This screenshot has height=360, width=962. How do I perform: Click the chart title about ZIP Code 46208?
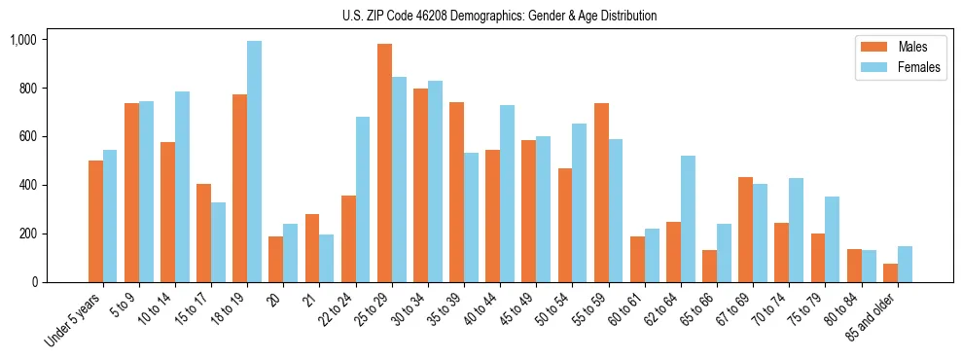[499, 16]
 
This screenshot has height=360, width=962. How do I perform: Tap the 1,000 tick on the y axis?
[22, 40]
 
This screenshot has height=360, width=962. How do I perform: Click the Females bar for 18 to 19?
[254, 162]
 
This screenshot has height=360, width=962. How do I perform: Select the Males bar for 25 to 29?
[384, 162]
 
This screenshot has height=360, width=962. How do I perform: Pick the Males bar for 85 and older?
[890, 272]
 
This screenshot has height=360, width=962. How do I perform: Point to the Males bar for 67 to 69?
[746, 230]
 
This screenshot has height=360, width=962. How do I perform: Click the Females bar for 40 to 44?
[507, 194]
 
